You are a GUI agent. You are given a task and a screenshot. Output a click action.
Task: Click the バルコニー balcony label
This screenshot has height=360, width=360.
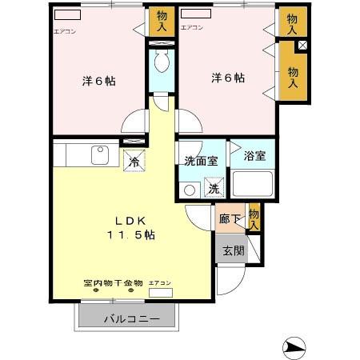(x=131, y=318)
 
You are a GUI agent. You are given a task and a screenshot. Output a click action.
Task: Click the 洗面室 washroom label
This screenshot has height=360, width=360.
(x=201, y=159)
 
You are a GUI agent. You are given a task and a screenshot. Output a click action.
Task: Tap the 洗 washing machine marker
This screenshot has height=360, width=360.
(x=214, y=189)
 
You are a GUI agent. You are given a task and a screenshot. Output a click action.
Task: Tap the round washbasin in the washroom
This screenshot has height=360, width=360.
(x=189, y=190)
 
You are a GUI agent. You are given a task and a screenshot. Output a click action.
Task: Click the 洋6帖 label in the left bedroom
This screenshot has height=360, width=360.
(x=99, y=81)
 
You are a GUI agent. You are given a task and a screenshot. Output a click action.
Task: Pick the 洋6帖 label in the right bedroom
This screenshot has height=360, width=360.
(x=228, y=78)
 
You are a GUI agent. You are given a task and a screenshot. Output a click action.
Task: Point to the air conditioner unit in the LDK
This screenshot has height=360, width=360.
(x=160, y=293)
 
